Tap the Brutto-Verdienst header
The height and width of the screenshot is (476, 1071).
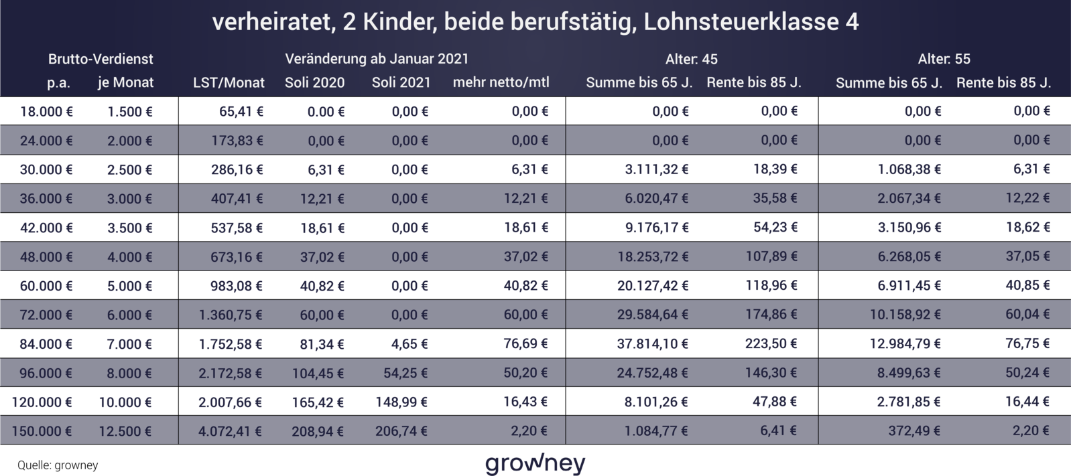tap(101, 59)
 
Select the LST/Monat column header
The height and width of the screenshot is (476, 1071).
tap(229, 82)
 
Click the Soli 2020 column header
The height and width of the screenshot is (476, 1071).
tap(314, 82)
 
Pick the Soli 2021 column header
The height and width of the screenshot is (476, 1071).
tap(401, 82)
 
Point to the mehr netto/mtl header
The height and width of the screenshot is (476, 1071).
tap(501, 82)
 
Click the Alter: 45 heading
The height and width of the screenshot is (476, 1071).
tap(691, 59)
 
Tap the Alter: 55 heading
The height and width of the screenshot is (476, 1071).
tap(944, 59)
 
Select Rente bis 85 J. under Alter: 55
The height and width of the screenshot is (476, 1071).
tap(1003, 82)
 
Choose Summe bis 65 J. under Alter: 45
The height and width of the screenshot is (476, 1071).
tap(639, 82)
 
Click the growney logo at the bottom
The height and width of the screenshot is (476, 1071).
tap(535, 463)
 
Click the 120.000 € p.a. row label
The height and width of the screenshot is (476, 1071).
tap(42, 402)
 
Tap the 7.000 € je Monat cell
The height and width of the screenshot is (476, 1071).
tap(129, 344)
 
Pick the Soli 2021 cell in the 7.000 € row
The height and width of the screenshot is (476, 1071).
tap(409, 344)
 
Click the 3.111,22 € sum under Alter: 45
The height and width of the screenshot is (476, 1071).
tap(656, 169)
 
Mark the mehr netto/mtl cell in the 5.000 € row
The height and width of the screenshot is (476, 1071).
tap(525, 286)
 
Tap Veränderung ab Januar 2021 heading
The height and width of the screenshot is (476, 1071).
tap(377, 59)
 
